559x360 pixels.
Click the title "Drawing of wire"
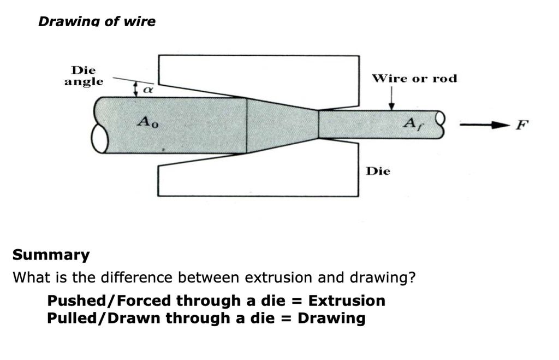pyautogui.click(x=97, y=21)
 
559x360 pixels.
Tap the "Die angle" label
pyautogui.click(x=84, y=76)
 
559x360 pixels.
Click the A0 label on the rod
pyautogui.click(x=147, y=123)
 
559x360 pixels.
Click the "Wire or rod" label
pyautogui.click(x=414, y=78)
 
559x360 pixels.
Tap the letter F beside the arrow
pyautogui.click(x=522, y=125)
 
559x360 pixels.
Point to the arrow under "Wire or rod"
pyautogui.click(x=391, y=98)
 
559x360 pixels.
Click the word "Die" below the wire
pyautogui.click(x=378, y=171)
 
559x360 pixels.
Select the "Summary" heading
pyautogui.click(x=51, y=255)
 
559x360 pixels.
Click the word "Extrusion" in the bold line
pyautogui.click(x=347, y=300)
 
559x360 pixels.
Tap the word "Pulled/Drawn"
pyautogui.click(x=104, y=318)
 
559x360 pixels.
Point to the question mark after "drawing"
pyautogui.click(x=412, y=278)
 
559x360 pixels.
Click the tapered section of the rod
pyautogui.click(x=282, y=125)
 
